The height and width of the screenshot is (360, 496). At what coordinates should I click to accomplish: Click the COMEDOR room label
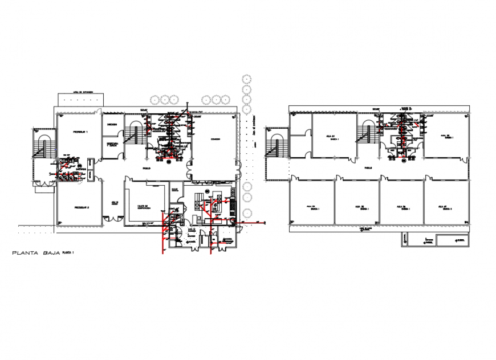coord(214,139)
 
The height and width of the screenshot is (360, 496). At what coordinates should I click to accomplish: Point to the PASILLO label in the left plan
coord(147,169)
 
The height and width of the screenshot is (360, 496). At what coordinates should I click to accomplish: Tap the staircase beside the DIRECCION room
coord(133,134)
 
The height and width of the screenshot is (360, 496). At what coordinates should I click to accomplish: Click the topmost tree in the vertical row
coord(246,78)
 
